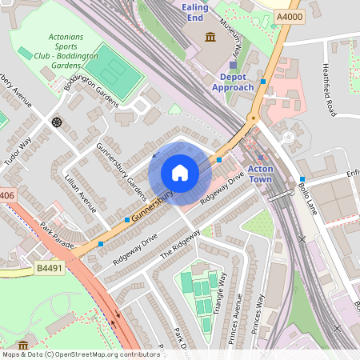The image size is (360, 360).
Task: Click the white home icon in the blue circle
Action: [x=180, y=173]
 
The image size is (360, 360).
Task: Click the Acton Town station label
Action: [x=260, y=173]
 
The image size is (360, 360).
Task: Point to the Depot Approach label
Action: [x=233, y=82]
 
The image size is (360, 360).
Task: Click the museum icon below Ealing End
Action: [x=210, y=38]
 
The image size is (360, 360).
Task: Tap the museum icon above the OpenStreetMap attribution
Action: [x=23, y=345]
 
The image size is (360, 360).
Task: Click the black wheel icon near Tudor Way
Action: [x=57, y=122]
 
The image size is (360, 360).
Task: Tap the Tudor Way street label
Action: [x=18, y=151]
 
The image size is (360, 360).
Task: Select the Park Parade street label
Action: [x=57, y=233]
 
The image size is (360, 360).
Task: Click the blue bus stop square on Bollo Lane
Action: [x=302, y=179]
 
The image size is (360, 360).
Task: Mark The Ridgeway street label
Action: [x=180, y=243]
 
